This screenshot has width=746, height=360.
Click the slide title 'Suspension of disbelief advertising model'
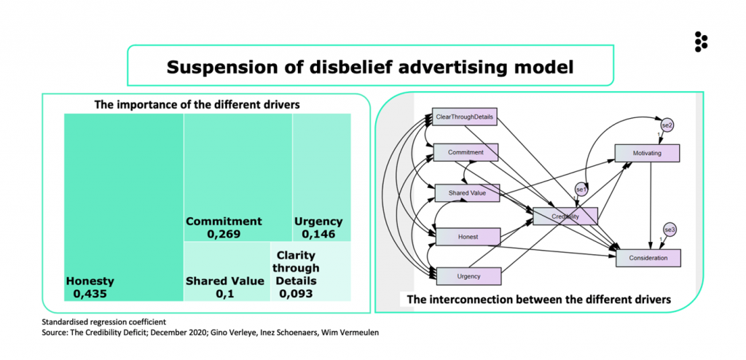(x=370, y=67)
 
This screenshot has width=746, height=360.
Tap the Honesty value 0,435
(x=90, y=294)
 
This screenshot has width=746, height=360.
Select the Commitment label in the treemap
(x=223, y=222)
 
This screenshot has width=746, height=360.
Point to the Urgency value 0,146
(x=318, y=234)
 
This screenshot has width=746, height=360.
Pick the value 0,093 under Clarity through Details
(x=295, y=294)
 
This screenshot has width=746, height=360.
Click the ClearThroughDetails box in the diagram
(x=465, y=117)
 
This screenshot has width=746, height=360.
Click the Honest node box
(x=468, y=236)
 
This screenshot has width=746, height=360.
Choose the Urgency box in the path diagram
(x=468, y=275)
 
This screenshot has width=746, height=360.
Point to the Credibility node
(x=565, y=216)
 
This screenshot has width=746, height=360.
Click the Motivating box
(x=647, y=153)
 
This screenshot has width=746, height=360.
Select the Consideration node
(x=648, y=258)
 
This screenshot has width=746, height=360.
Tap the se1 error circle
(x=581, y=189)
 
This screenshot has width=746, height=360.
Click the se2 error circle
(x=666, y=125)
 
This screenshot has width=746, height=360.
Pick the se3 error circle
(x=670, y=229)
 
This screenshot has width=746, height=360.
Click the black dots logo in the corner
(x=702, y=42)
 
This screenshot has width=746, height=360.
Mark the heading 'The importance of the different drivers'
(x=197, y=104)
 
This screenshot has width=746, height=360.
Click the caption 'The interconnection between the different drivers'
(x=538, y=300)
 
